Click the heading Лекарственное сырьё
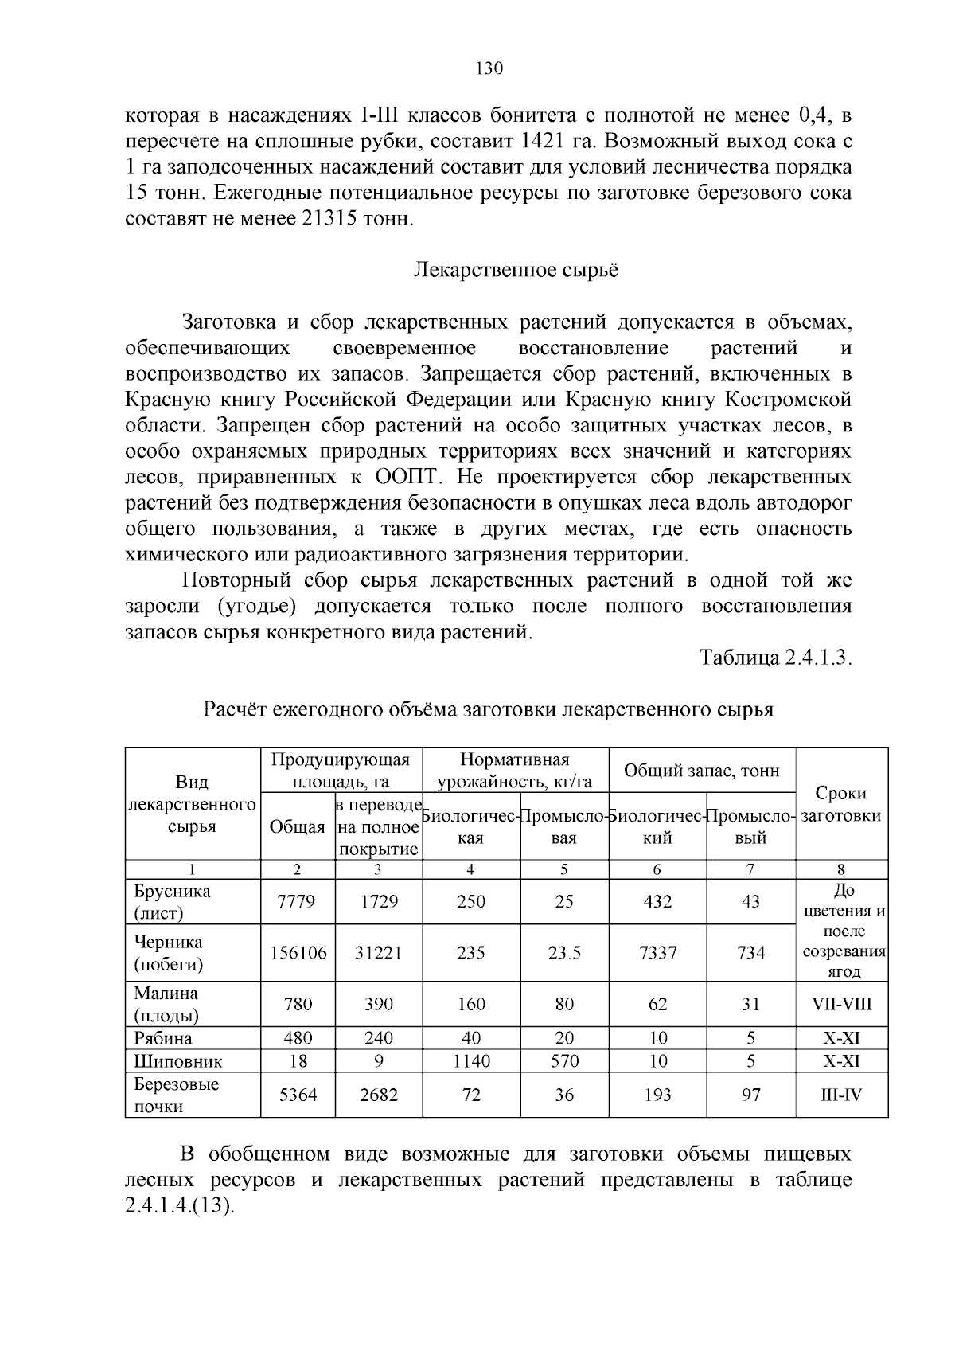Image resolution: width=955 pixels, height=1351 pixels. coord(516,270)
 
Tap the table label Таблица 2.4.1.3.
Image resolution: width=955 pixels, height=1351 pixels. coord(776,658)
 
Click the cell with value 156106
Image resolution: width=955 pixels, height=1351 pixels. coord(298,953)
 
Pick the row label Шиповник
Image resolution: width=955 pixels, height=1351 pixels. coord(178,1061)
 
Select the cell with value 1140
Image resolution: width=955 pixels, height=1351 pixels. coord(471,1061)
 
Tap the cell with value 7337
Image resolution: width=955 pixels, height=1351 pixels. coord(657,953)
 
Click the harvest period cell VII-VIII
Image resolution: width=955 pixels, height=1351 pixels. coord(841,1004)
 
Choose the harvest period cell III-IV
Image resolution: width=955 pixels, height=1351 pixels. coord(841,1095)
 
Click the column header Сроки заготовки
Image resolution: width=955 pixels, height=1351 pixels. coord(841,804)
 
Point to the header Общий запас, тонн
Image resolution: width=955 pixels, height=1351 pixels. coord(702,770)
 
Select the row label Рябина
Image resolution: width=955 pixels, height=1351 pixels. coord(163,1038)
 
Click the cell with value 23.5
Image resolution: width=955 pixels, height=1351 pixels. coord(564,953)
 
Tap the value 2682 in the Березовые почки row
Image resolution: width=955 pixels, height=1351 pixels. coord(378,1095)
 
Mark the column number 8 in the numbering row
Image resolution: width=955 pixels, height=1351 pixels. coord(841,869)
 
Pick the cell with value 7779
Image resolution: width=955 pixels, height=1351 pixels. coord(298,901)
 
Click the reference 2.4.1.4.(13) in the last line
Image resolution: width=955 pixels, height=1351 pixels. coord(181,1205)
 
